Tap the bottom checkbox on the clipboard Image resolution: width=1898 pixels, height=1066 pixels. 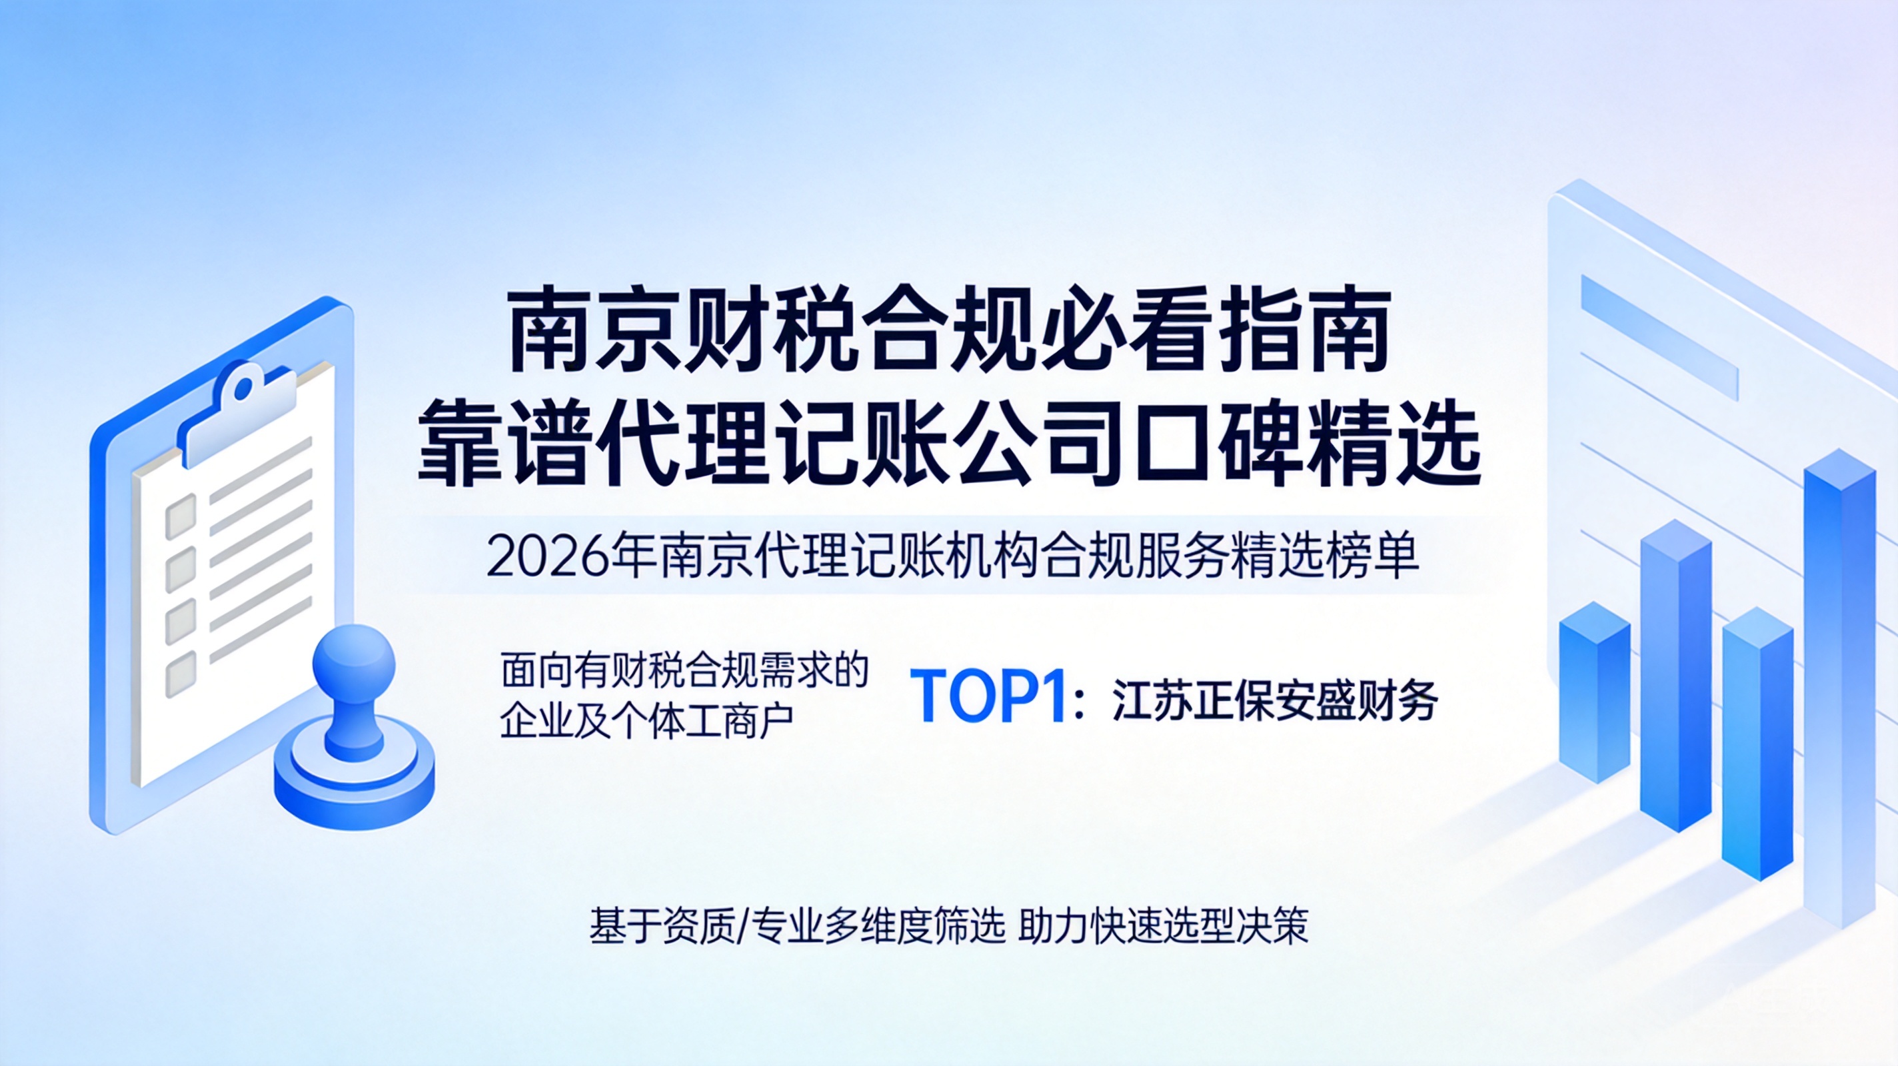click(181, 674)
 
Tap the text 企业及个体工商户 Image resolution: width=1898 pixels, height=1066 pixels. click(647, 720)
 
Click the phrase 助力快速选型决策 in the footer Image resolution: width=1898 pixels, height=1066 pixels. click(1164, 926)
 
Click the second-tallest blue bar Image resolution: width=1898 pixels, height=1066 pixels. click(1676, 675)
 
